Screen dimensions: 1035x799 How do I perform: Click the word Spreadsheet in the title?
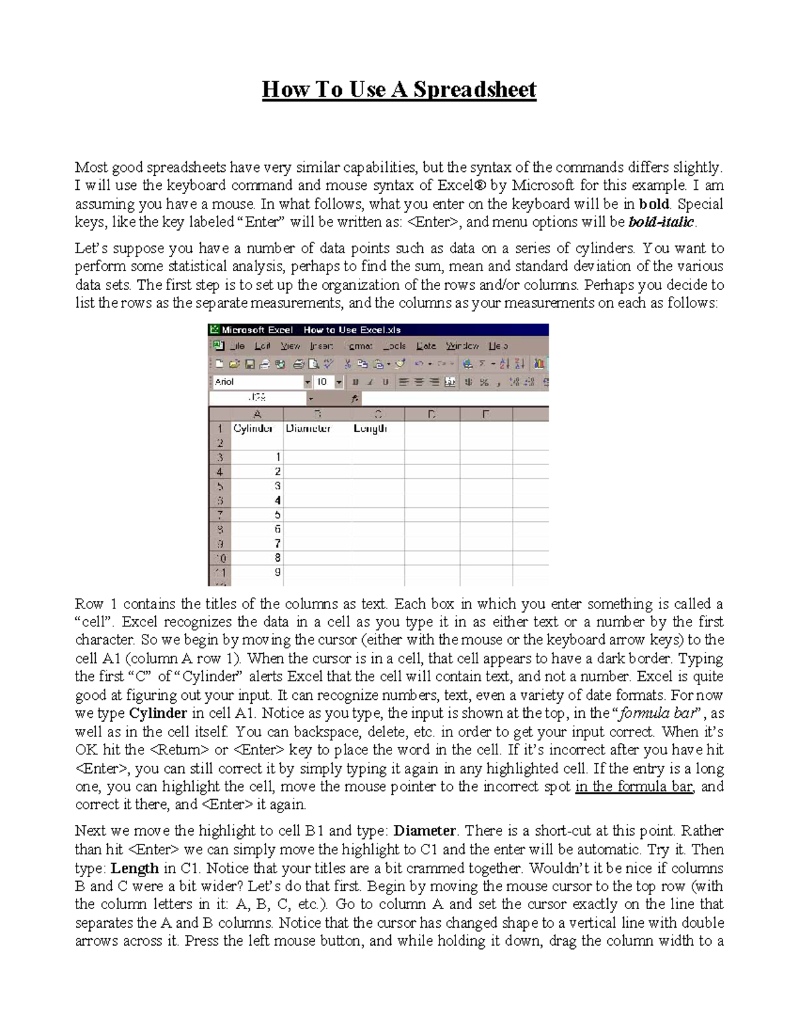(475, 89)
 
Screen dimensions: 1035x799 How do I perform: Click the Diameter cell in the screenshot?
(308, 429)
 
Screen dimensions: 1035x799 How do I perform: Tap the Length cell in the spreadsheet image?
(370, 429)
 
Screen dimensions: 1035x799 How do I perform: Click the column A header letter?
(257, 414)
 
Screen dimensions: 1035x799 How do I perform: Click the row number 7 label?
(219, 515)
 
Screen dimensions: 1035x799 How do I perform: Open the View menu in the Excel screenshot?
(290, 346)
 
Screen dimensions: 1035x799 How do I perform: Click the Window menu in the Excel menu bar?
(462, 346)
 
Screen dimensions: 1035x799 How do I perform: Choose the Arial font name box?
(257, 382)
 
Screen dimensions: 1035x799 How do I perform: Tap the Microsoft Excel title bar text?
(253, 330)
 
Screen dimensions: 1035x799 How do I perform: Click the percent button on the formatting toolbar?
(484, 382)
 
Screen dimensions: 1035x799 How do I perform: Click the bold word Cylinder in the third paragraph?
(157, 713)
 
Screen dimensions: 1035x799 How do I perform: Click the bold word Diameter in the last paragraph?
(425, 831)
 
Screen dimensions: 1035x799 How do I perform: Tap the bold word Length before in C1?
(134, 868)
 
